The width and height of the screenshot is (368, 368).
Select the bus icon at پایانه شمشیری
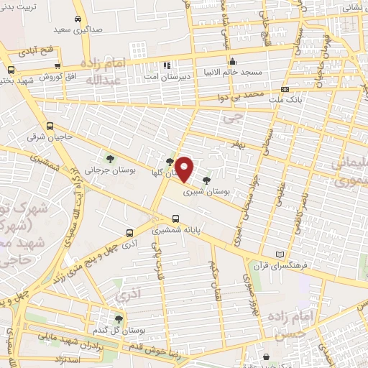point(175,218)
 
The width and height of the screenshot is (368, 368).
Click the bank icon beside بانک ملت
point(285,90)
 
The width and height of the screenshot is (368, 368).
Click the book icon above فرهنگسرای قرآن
point(280,255)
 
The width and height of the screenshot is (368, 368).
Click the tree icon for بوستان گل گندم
point(119,319)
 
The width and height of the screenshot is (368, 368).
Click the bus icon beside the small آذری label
point(129,233)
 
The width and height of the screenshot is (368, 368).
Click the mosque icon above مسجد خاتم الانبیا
point(232,62)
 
